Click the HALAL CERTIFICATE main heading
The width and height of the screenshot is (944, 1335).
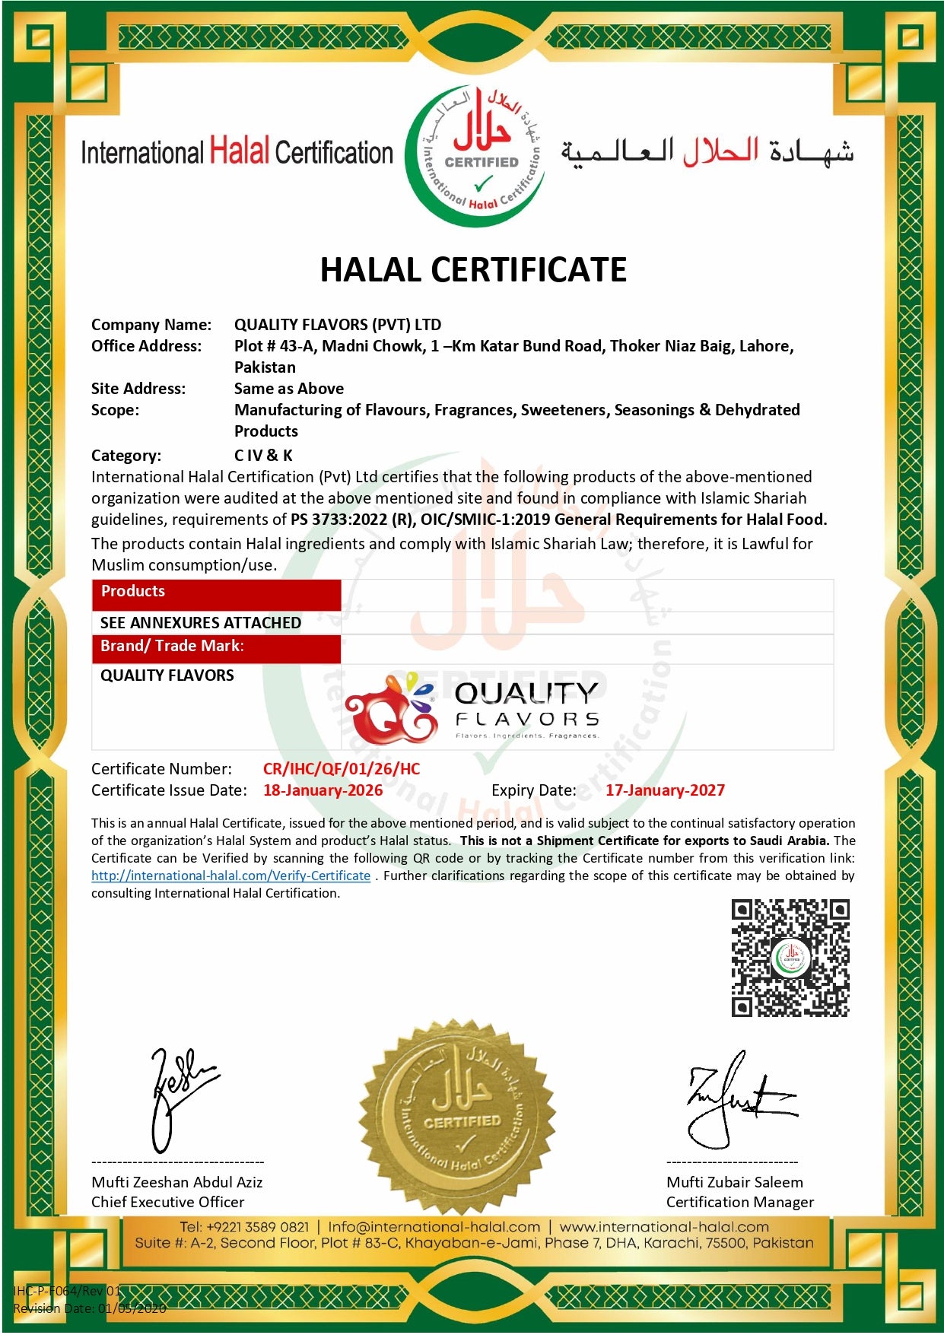click(x=473, y=270)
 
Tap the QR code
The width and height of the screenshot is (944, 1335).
click(x=790, y=958)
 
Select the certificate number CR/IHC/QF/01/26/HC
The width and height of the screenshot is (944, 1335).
click(x=342, y=769)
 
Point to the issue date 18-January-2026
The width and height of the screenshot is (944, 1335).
click(x=323, y=790)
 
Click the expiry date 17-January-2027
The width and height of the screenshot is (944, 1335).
click(x=665, y=790)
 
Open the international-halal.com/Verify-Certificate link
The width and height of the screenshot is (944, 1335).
click(x=230, y=876)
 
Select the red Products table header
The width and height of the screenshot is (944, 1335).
click(x=216, y=593)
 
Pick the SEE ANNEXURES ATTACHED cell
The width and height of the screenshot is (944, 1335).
click(x=201, y=623)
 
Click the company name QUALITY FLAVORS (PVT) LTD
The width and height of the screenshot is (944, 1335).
click(x=338, y=325)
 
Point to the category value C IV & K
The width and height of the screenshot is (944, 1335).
click(x=263, y=456)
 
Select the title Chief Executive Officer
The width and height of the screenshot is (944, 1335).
click(x=168, y=1202)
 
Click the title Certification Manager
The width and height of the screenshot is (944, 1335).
click(x=739, y=1202)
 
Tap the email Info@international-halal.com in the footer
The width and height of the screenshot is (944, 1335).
click(x=434, y=1227)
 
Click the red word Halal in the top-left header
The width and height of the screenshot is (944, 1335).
click(x=239, y=151)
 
